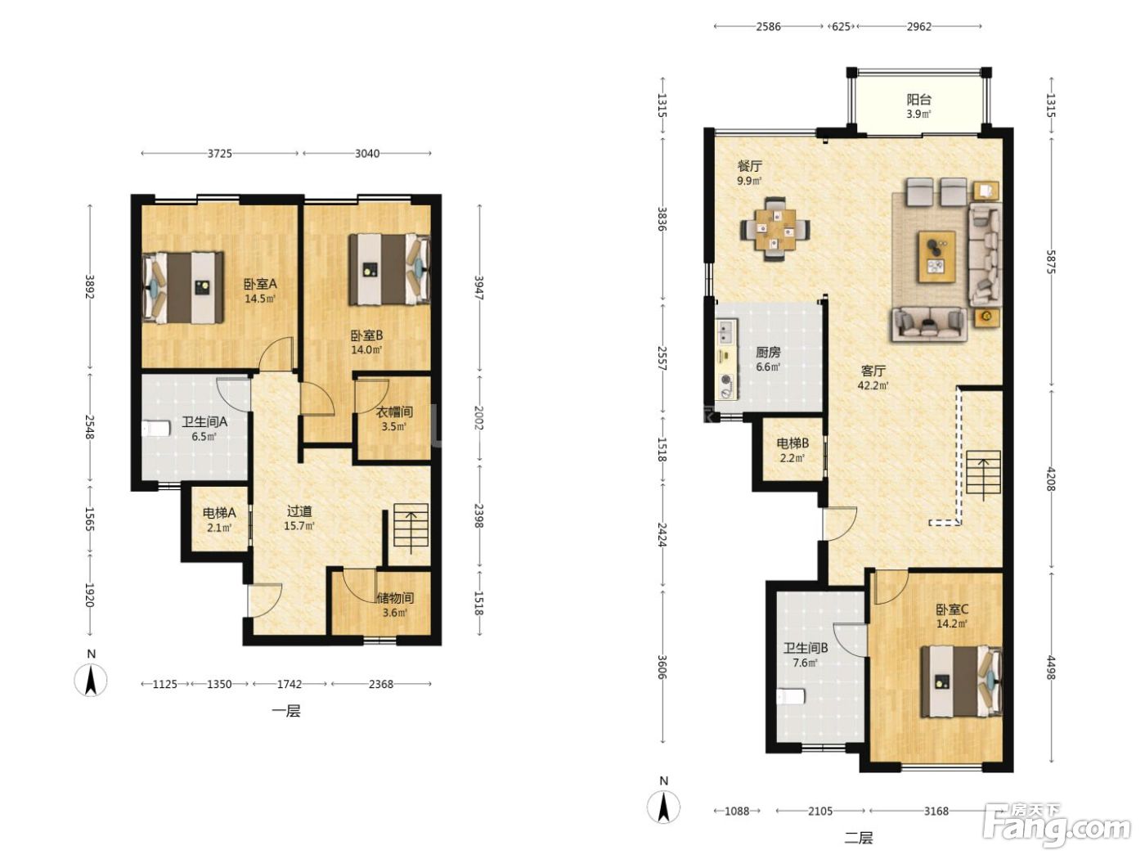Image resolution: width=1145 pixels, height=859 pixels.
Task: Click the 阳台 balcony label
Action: click(918, 100)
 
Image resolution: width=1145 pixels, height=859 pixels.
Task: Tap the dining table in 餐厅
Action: click(775, 228)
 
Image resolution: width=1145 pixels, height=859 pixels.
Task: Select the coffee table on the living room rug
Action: click(937, 257)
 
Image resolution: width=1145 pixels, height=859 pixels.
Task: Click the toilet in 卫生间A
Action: click(156, 429)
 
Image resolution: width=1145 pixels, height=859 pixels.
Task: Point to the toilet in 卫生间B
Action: click(790, 695)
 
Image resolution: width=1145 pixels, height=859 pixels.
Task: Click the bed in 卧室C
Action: click(961, 681)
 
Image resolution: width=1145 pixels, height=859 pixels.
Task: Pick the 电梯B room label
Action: click(793, 443)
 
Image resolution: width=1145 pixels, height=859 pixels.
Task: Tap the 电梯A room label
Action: click(219, 512)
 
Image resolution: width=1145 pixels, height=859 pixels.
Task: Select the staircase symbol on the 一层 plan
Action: click(411, 528)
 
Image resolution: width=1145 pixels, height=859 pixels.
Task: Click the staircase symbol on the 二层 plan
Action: click(983, 474)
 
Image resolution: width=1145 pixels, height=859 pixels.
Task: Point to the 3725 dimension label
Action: click(220, 153)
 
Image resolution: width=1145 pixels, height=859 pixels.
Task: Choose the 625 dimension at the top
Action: click(841, 27)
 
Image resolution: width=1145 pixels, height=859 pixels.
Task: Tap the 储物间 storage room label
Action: click(395, 598)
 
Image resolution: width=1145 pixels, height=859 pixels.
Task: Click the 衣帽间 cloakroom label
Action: click(394, 412)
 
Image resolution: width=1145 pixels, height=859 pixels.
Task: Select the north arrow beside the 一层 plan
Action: click(91, 680)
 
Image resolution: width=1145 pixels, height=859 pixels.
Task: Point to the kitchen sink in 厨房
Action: click(725, 331)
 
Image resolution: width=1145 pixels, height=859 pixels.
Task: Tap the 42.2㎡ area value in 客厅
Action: click(873, 386)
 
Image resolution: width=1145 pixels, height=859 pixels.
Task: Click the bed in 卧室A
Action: click(182, 287)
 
